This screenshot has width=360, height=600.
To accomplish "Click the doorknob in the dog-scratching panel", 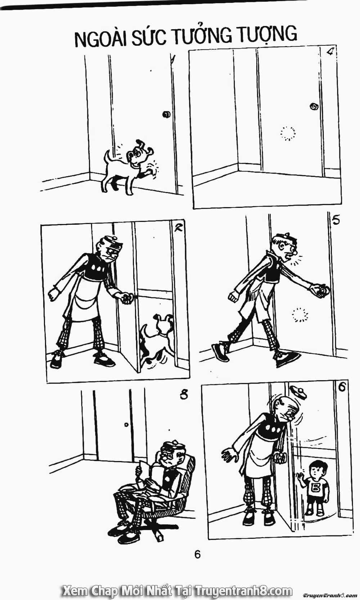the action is [166, 115].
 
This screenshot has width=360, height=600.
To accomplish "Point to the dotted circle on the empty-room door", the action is [288, 133].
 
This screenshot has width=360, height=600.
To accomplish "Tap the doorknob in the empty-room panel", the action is [314, 106].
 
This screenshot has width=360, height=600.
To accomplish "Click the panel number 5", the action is [336, 220].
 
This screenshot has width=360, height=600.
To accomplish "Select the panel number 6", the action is [343, 387].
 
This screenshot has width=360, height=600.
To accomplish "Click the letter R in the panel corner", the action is [178, 228].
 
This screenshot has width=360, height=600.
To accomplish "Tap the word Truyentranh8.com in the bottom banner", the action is [243, 590].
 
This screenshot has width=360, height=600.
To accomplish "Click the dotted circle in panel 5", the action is [300, 315].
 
